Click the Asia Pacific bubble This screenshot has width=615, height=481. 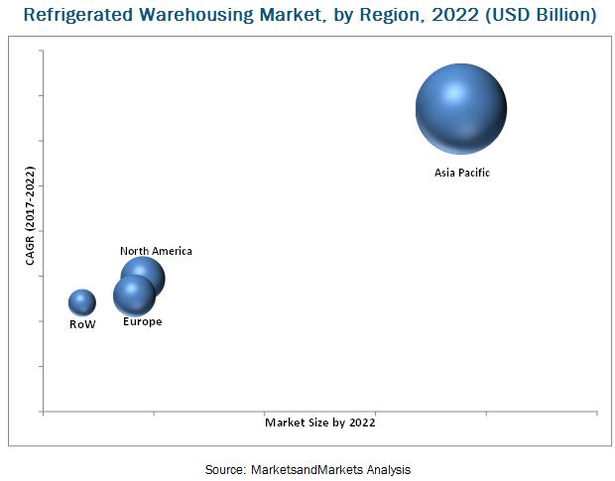[x=461, y=109]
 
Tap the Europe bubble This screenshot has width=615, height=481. [x=133, y=296]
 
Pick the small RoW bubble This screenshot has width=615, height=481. [x=82, y=302]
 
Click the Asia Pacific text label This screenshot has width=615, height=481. [x=462, y=173]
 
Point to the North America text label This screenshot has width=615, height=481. [x=156, y=251]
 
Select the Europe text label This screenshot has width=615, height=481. [x=142, y=322]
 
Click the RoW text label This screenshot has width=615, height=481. [x=82, y=324]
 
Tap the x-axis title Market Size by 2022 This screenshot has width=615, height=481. [x=320, y=422]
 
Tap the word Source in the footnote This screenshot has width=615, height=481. [x=224, y=469]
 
